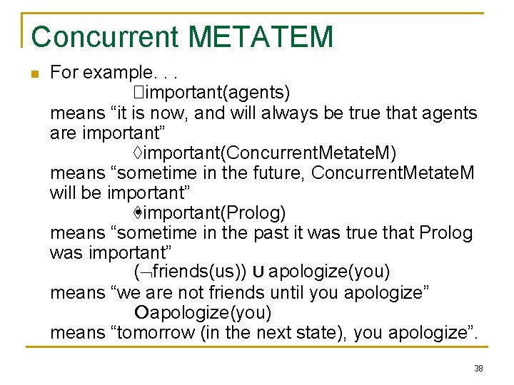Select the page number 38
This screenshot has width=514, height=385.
478,369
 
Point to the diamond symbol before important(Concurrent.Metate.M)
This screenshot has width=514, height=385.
138,153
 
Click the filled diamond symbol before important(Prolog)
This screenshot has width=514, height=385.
138,212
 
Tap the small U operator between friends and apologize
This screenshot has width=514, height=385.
259,272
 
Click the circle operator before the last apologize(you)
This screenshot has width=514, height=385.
141,312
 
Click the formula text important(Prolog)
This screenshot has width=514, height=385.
214,212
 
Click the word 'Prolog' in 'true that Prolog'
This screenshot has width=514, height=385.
445,232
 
